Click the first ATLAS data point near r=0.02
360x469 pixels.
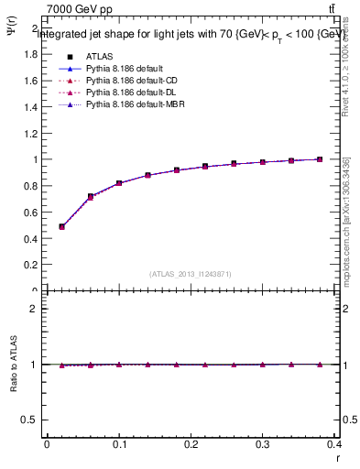tap(61, 226)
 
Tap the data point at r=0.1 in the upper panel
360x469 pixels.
tap(119, 183)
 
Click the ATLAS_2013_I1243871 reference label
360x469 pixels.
tap(190, 274)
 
